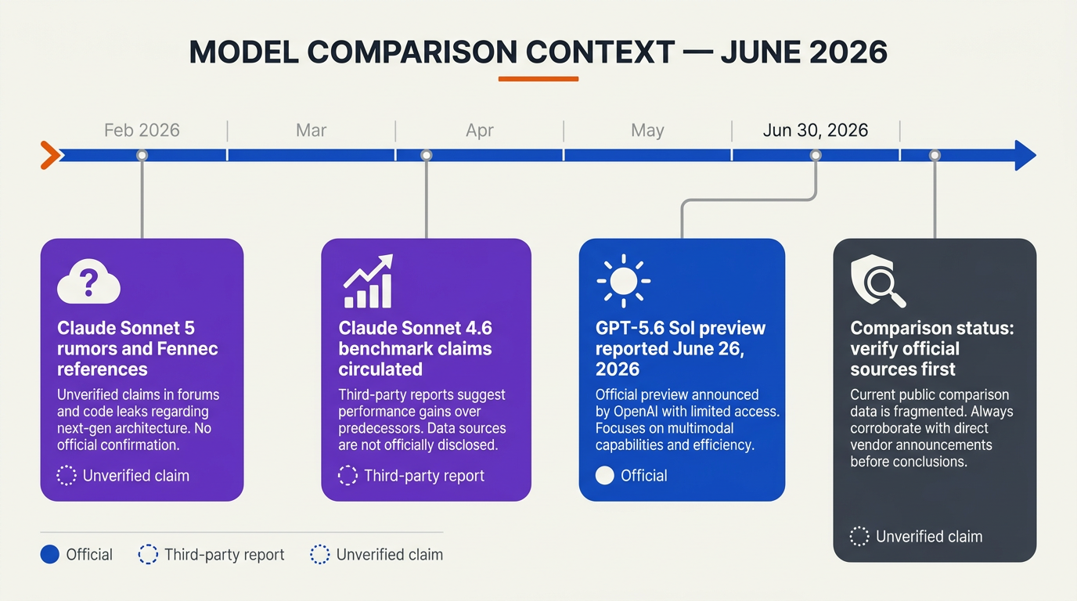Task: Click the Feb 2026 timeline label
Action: [x=142, y=131]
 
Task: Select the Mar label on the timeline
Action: [x=311, y=131]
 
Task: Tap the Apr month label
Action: [x=479, y=131]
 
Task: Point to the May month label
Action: [x=647, y=131]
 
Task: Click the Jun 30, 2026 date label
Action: [x=816, y=131]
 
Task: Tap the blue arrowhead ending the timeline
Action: [x=1025, y=155]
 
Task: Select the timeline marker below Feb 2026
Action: [x=142, y=155]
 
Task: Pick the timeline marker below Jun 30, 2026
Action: [x=816, y=155]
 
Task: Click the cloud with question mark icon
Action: [x=88, y=281]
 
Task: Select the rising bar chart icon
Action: [x=369, y=281]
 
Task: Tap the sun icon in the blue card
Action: [x=624, y=281]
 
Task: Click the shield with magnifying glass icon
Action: [x=878, y=281]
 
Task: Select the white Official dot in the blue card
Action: [x=605, y=476]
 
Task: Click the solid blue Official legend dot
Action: [x=49, y=554]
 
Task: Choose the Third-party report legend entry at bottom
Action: [x=211, y=554]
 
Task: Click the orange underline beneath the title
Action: [x=538, y=79]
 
